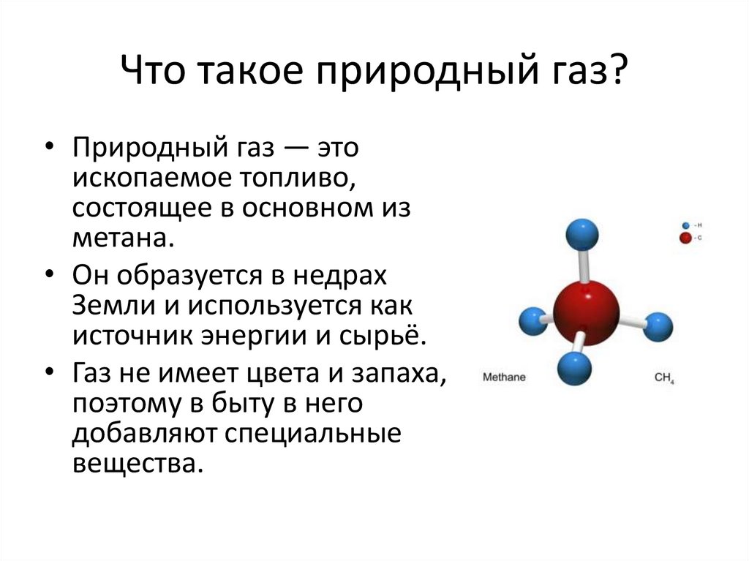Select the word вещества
[135, 463]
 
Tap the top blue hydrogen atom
[581, 234]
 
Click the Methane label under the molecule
[504, 377]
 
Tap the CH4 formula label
[664, 378]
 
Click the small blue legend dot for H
[685, 226]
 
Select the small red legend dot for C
[685, 238]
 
